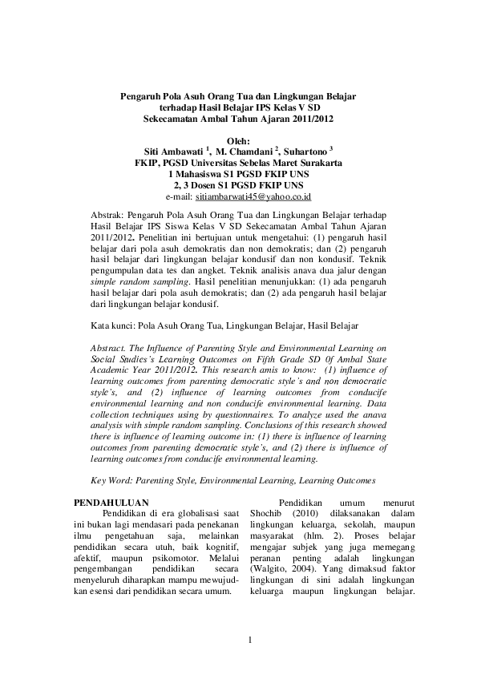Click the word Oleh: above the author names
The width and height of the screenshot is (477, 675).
(239, 140)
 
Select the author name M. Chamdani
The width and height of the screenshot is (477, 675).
(244, 151)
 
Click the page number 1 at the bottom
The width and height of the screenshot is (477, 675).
(249, 640)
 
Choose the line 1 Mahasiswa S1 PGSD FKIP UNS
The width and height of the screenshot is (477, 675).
(238, 173)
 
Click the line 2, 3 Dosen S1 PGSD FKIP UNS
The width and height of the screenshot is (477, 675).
(238, 184)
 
